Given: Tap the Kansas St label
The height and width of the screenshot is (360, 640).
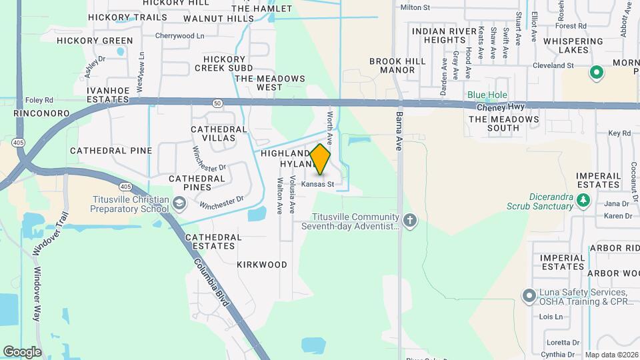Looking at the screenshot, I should click(x=317, y=184).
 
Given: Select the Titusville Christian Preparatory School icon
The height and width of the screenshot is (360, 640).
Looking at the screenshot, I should click(x=179, y=203).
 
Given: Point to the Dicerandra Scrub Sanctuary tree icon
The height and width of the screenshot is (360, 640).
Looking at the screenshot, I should click(x=583, y=200).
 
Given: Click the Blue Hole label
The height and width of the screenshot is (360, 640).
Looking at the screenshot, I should click(x=487, y=95).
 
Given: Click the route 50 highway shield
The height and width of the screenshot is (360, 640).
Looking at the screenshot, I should click(x=217, y=103).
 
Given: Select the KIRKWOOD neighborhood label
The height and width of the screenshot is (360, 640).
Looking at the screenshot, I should click(x=262, y=265).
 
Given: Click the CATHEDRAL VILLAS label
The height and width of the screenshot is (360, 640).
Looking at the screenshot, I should click(x=219, y=133).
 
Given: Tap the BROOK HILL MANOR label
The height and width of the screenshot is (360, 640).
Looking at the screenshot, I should click(x=397, y=65).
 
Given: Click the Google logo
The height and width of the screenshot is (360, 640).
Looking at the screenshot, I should click(x=22, y=352).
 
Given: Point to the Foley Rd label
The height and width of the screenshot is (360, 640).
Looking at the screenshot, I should click(x=39, y=101).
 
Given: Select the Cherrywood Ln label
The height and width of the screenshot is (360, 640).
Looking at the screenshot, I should click(x=179, y=36).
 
